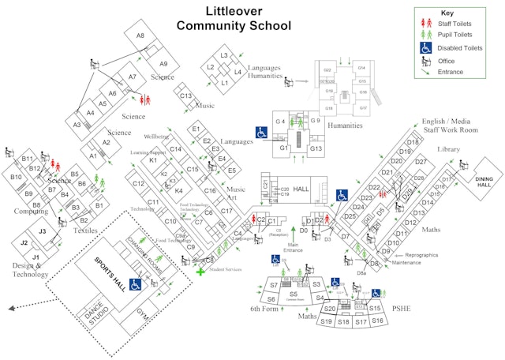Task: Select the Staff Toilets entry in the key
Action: [455, 24]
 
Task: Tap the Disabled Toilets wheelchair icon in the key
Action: [425, 47]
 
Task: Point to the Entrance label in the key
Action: [451, 72]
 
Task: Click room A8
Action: [140, 36]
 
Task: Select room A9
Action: [163, 64]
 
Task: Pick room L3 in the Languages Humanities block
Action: [224, 55]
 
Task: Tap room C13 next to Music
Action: [185, 96]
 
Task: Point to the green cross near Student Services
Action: [200, 272]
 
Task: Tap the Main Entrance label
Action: [293, 247]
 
